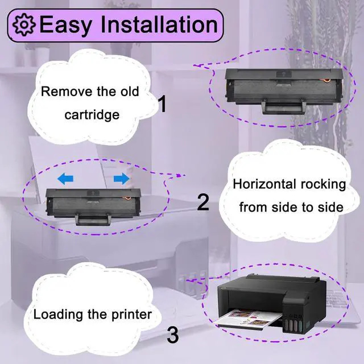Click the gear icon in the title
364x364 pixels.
point(23,25)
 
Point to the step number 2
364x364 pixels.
point(203,202)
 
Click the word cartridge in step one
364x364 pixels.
point(92,115)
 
